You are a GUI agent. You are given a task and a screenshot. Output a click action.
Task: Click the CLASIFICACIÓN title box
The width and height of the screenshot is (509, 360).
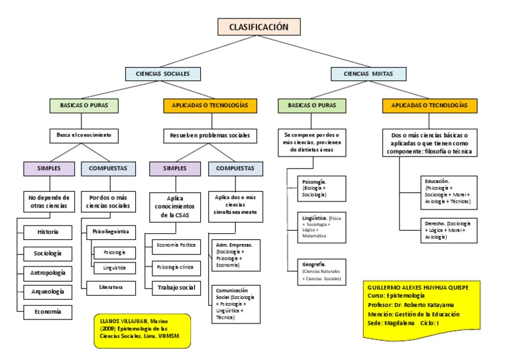click(259, 27)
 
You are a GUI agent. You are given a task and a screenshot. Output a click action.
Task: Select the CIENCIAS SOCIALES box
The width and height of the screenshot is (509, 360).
click(162, 73)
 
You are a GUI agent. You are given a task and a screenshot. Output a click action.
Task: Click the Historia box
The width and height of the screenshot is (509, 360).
click(47, 232)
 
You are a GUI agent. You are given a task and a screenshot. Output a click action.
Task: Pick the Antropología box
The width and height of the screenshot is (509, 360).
click(47, 272)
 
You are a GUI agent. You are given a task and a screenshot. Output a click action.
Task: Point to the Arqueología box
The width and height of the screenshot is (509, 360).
click(47, 292)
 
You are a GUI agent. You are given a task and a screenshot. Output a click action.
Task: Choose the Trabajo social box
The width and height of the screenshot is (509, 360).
click(175, 288)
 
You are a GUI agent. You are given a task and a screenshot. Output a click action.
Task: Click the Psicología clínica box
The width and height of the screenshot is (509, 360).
click(175, 267)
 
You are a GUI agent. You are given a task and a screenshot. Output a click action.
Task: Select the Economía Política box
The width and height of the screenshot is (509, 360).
click(175, 245)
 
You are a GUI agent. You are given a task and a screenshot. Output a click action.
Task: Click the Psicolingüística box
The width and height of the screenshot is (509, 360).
click(111, 232)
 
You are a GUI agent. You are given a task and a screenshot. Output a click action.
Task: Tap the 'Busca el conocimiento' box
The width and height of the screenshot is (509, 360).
click(83, 135)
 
